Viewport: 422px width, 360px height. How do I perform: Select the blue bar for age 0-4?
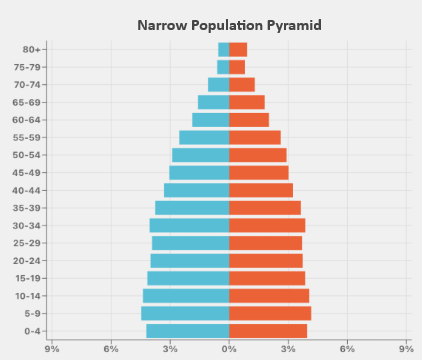pyautogui.click(x=188, y=331)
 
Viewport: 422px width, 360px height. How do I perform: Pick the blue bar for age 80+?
pyautogui.click(x=224, y=49)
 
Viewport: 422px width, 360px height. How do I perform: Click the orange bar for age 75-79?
pyautogui.click(x=237, y=67)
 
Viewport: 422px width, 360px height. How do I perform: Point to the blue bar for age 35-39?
pyautogui.click(x=192, y=208)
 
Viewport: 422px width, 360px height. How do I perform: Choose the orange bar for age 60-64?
pyautogui.click(x=249, y=120)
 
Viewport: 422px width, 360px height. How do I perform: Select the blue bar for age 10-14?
pyautogui.click(x=186, y=296)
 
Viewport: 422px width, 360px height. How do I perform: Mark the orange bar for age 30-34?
pyautogui.click(x=267, y=225)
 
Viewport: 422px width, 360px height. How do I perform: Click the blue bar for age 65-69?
pyautogui.click(x=214, y=102)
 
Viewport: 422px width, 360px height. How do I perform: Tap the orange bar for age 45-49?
pyautogui.click(x=259, y=172)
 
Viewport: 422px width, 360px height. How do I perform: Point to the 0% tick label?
pyautogui.click(x=229, y=348)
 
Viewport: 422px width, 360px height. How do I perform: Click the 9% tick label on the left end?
pyautogui.click(x=52, y=348)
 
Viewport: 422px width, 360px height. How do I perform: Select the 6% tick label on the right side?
pyautogui.click(x=347, y=348)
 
